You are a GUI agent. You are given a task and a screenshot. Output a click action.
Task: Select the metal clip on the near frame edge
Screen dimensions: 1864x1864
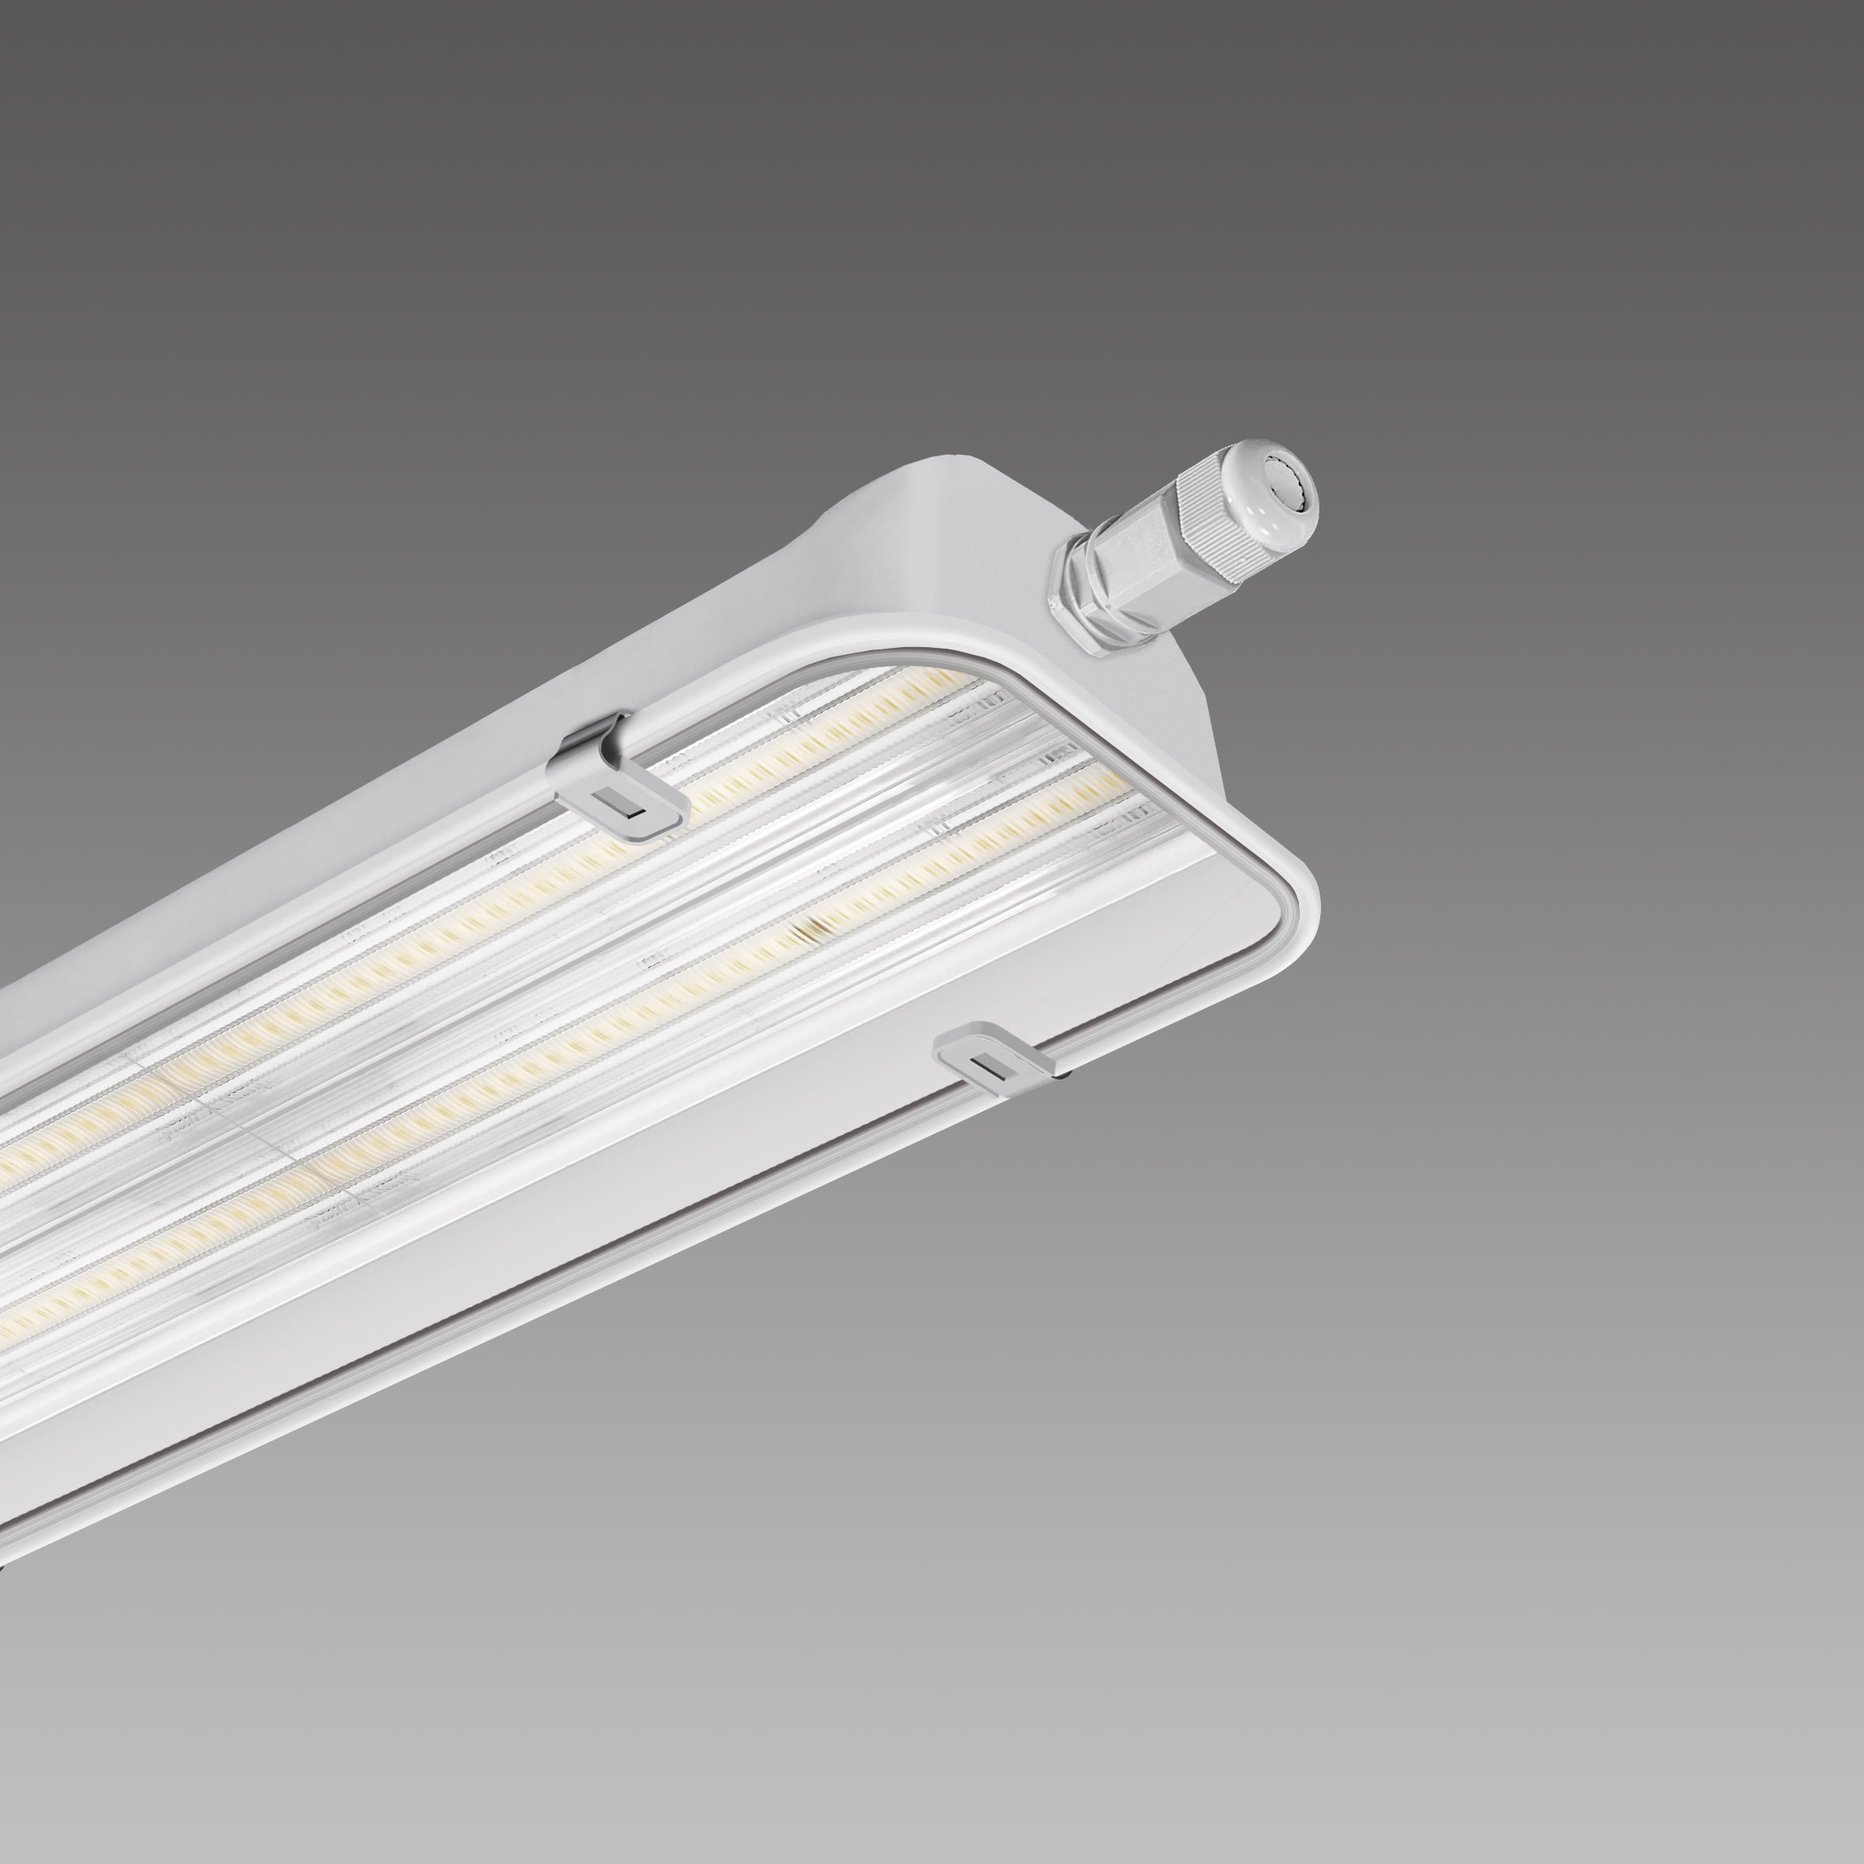tap(994, 1057)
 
